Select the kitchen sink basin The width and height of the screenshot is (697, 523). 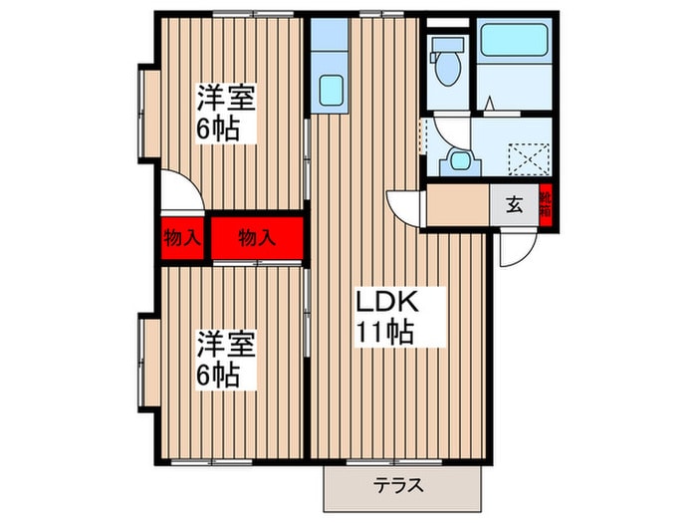click(x=329, y=91)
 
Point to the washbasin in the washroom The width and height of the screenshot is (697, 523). click(x=460, y=159)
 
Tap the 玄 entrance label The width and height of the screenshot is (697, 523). click(x=514, y=206)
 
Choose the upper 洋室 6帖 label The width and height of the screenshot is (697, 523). click(x=225, y=113)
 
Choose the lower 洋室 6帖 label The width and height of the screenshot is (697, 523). click(x=225, y=360)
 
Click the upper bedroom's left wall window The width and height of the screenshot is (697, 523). click(x=145, y=112)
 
